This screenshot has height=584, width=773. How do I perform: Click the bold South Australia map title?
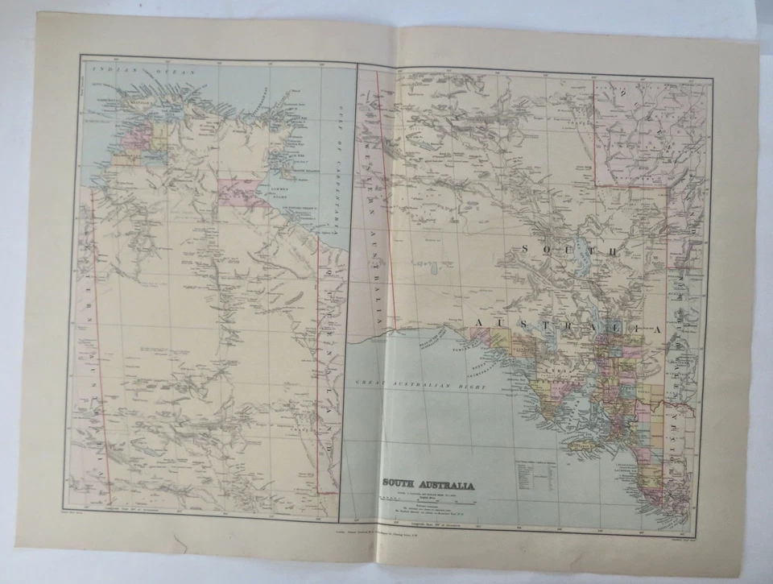coord(427,484)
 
